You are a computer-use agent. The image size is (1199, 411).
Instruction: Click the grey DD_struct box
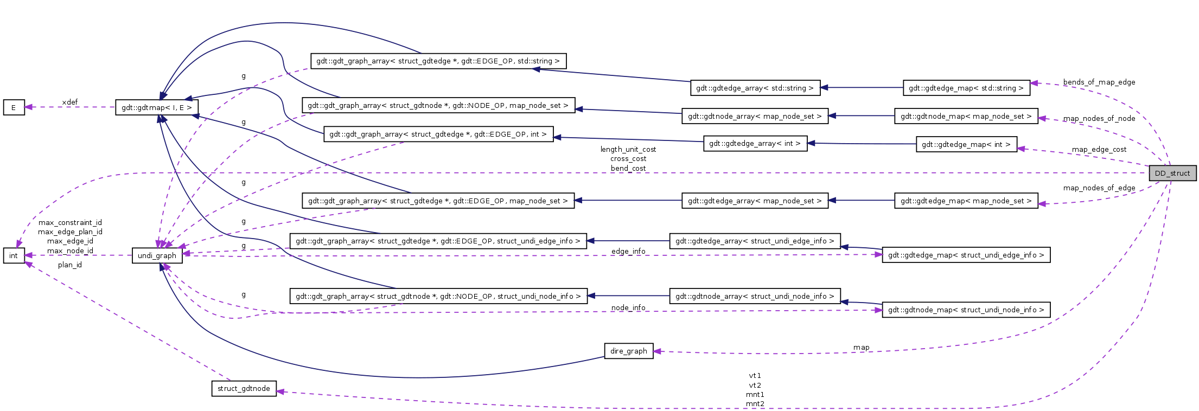[1172, 173]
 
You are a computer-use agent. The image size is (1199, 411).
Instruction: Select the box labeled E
[14, 107]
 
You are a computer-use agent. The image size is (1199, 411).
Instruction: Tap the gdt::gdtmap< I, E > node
[157, 107]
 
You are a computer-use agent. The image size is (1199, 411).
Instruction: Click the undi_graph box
[157, 255]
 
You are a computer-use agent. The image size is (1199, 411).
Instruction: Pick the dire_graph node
[628, 351]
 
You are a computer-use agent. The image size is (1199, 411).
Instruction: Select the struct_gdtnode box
[244, 388]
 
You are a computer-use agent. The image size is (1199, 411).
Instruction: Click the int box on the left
[14, 255]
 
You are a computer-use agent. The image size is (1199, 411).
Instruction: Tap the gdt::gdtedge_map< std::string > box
[966, 88]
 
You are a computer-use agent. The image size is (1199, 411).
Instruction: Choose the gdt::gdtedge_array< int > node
[755, 144]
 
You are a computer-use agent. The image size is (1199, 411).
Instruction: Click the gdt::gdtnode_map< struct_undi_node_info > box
[966, 310]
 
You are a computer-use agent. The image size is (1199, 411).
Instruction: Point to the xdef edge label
[69, 102]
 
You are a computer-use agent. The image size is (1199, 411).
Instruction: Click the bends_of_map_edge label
[1099, 82]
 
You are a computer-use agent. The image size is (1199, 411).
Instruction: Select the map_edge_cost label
[1099, 149]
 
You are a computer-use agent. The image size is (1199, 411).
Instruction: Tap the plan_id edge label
[70, 265]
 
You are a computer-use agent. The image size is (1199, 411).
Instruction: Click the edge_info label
[628, 251]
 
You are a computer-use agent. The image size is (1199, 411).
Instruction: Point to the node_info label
[628, 307]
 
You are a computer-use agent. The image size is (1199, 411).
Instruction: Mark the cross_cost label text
[628, 159]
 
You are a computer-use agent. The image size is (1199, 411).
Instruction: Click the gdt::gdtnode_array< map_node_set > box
[755, 116]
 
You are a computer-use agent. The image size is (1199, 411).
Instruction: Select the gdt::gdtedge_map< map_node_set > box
[966, 201]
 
